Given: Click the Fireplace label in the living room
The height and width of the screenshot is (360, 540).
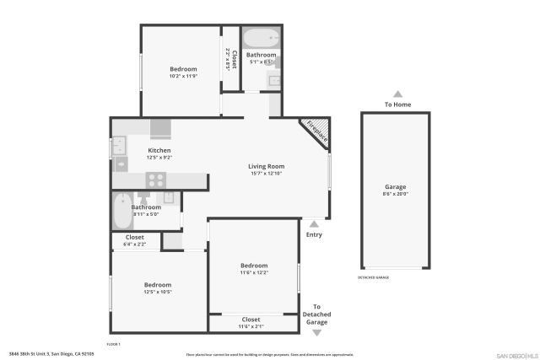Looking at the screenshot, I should click(316, 132).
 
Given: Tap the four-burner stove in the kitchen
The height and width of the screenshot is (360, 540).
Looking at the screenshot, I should click(155, 179).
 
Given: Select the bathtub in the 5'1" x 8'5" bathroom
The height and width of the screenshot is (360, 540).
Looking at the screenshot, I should click(261, 38).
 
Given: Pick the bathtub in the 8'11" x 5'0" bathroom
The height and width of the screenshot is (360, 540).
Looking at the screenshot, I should click(122, 211).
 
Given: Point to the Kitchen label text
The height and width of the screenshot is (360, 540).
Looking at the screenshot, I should click(159, 150).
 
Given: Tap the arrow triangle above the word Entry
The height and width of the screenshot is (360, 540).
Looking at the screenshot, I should click(314, 224).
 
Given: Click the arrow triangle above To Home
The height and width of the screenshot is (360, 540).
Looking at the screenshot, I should click(397, 94).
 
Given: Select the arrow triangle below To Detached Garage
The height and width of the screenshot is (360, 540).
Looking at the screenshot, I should click(316, 333).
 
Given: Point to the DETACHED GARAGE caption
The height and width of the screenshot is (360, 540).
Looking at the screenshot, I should click(374, 277).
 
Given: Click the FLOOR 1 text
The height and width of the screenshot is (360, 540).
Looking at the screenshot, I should click(114, 344).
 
